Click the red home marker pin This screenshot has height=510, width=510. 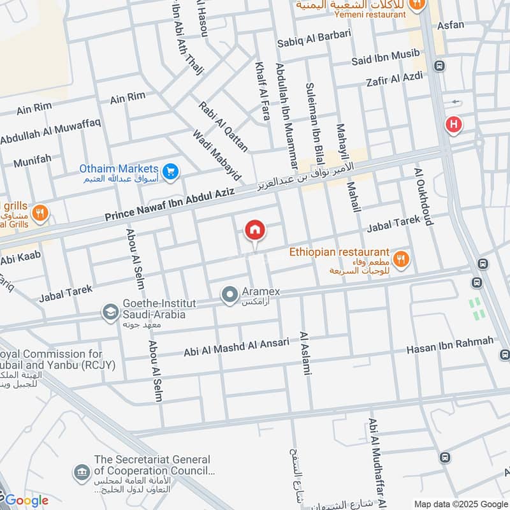pos(255,229)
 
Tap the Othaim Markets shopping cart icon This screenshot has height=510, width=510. pos(170,171)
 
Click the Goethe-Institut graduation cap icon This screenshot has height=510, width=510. pos(110,312)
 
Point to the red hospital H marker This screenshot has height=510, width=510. pos(453,126)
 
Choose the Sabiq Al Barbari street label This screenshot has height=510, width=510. pos(314,42)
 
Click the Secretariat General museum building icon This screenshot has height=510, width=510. pos(82,472)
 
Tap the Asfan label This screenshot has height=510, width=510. pos(451,25)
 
